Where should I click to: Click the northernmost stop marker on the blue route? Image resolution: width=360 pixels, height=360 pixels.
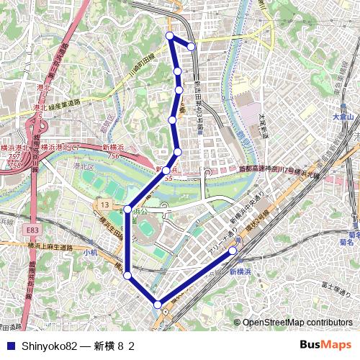coord(170,35)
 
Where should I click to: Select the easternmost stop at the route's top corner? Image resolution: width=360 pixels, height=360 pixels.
coord(192,47)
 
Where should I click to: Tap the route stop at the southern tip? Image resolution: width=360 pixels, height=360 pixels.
coord(158,305)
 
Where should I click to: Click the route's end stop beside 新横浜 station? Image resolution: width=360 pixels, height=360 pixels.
coord(233,251)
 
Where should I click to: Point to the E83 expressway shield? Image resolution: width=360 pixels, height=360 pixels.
coord(31,230)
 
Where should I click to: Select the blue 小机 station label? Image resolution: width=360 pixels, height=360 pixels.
coord(89,253)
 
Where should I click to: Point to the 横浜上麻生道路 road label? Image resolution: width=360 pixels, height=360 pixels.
coord(50,246)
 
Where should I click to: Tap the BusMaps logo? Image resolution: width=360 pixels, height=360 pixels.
coord(325,345)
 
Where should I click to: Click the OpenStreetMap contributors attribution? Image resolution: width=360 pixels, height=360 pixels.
coord(297,323)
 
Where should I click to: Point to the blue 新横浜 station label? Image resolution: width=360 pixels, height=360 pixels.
coord(243,271)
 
